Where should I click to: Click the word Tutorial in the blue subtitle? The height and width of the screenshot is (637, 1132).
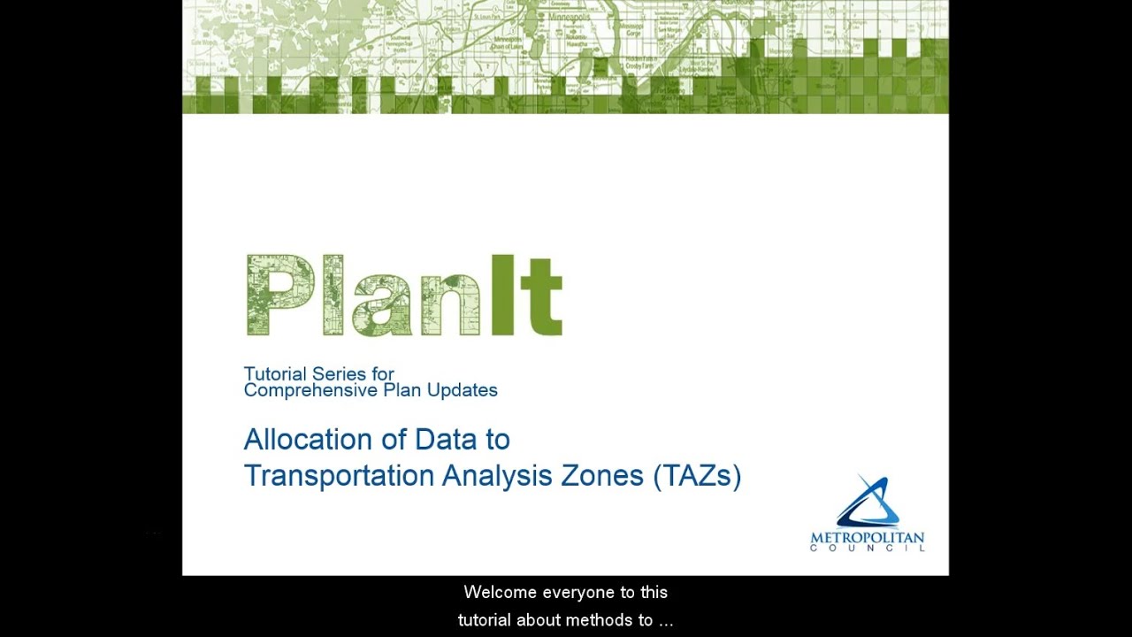click(x=275, y=374)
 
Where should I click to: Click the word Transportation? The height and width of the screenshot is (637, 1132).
click(x=340, y=476)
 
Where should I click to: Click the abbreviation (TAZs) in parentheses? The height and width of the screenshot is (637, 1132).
click(x=697, y=476)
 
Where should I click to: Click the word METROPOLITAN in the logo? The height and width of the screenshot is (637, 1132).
click(x=867, y=538)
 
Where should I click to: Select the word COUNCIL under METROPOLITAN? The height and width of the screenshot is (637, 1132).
click(x=867, y=549)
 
